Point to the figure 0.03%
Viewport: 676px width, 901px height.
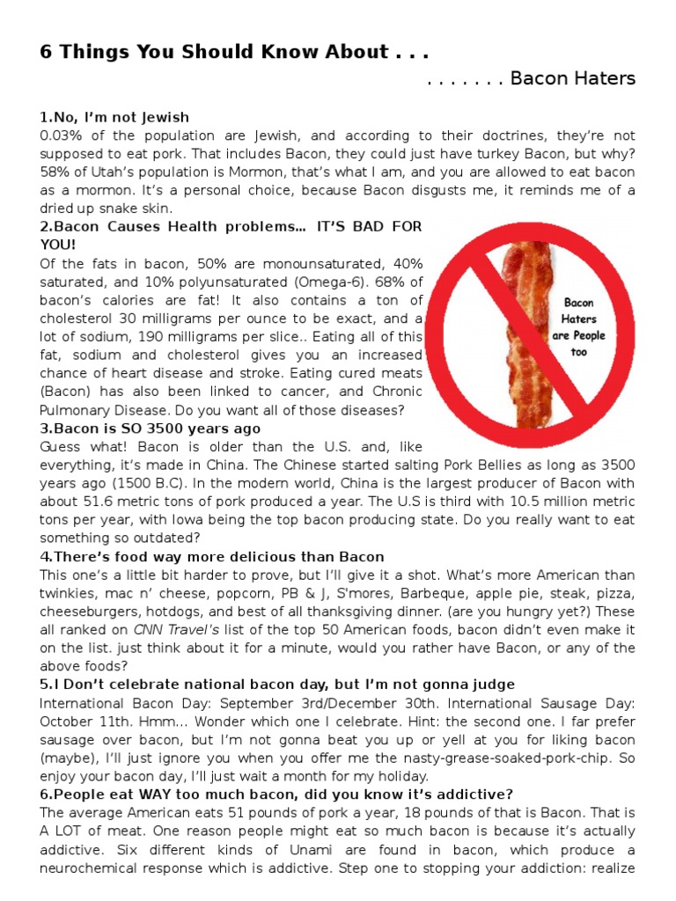pyautogui.click(x=62, y=136)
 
